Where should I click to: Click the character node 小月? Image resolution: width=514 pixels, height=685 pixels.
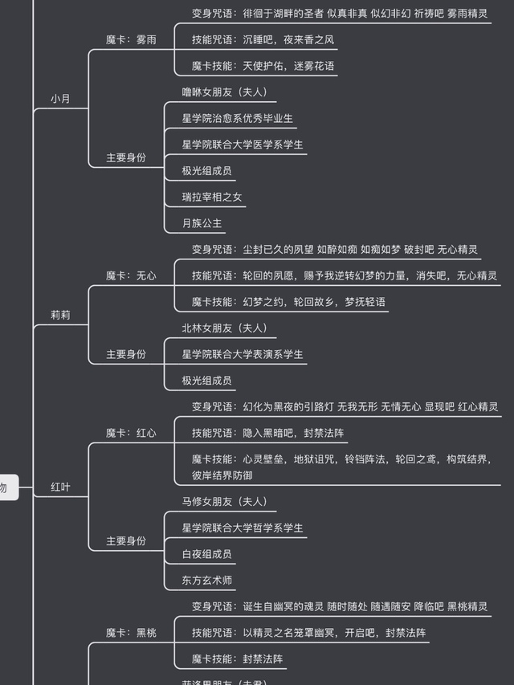click(60, 99)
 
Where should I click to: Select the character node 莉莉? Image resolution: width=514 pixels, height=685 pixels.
click(60, 315)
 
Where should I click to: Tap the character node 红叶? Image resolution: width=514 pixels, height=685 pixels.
click(60, 487)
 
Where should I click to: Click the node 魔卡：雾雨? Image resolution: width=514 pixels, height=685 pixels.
click(131, 39)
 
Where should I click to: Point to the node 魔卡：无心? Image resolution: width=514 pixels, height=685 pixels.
click(131, 275)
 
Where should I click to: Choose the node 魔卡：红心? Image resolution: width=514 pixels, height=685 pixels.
click(131, 433)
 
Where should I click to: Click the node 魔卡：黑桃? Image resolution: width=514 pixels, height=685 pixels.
click(131, 633)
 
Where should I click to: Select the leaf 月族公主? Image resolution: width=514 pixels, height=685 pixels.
click(202, 223)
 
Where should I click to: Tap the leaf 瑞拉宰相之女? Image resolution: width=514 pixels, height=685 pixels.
click(212, 197)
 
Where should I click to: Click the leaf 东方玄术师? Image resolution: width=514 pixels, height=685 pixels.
click(207, 580)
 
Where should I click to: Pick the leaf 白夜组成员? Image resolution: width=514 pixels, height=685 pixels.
click(207, 554)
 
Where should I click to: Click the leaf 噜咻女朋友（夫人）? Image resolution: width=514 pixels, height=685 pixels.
click(230, 92)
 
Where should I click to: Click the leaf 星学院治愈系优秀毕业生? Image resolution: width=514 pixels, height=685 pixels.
click(238, 118)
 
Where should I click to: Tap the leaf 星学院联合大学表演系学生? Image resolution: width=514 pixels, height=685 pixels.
click(243, 354)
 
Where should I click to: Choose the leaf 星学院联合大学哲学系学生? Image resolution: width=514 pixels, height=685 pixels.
click(243, 528)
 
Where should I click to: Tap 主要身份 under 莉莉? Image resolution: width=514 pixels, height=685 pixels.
click(126, 354)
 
